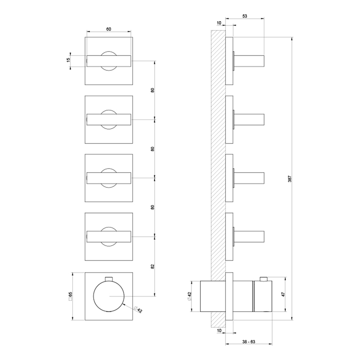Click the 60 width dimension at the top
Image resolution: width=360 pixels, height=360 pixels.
[x=108, y=29]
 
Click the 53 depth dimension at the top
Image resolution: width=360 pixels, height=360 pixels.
[x=245, y=15]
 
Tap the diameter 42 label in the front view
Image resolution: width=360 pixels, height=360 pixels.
[x=138, y=310]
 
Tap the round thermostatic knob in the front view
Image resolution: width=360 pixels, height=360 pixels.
[x=109, y=296]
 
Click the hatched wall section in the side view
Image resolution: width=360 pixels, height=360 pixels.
[x=218, y=169]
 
